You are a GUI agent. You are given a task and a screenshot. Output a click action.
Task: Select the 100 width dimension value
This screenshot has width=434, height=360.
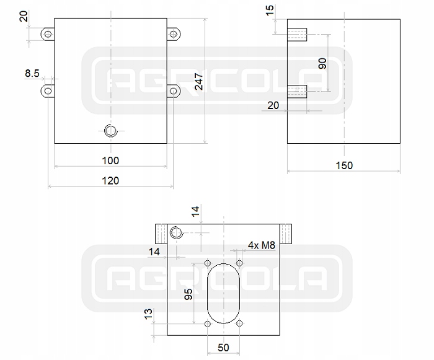pyautogui.click(x=110, y=160)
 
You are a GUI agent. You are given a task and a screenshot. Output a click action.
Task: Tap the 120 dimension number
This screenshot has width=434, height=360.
pyautogui.click(x=110, y=180)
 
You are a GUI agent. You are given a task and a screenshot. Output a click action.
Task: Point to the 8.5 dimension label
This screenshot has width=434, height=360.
pyautogui.click(x=32, y=74)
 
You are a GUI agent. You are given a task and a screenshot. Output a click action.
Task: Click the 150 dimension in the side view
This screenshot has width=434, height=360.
pyautogui.click(x=343, y=165)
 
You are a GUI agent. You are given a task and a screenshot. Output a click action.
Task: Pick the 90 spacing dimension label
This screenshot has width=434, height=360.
pyautogui.click(x=322, y=63)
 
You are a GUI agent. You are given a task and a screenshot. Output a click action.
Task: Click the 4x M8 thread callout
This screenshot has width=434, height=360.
pyautogui.click(x=261, y=245)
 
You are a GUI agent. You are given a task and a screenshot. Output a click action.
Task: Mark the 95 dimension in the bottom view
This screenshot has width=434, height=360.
pyautogui.click(x=189, y=294)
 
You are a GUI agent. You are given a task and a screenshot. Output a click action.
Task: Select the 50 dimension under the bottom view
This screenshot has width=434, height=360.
pyautogui.click(x=224, y=348)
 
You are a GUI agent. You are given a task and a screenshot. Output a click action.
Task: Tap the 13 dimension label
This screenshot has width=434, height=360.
pyautogui.click(x=148, y=314)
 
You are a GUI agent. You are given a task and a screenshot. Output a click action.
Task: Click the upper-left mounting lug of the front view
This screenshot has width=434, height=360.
pyautogui.click(x=47, y=34)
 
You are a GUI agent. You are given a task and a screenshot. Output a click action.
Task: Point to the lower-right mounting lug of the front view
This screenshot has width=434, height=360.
pyautogui.click(x=174, y=91)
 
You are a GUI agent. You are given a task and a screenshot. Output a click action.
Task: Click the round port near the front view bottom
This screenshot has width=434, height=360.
pyautogui.click(x=111, y=130)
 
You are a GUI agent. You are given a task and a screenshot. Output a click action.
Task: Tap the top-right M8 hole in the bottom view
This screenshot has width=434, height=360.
pyautogui.click(x=240, y=265)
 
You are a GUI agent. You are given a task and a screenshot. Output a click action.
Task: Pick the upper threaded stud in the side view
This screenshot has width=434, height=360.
pyautogui.click(x=298, y=33)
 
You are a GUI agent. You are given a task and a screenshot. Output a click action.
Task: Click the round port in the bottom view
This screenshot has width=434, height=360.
pyautogui.click(x=175, y=232)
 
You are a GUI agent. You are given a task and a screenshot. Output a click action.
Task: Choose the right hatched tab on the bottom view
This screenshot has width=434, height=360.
pyautogui.click(x=286, y=233)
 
